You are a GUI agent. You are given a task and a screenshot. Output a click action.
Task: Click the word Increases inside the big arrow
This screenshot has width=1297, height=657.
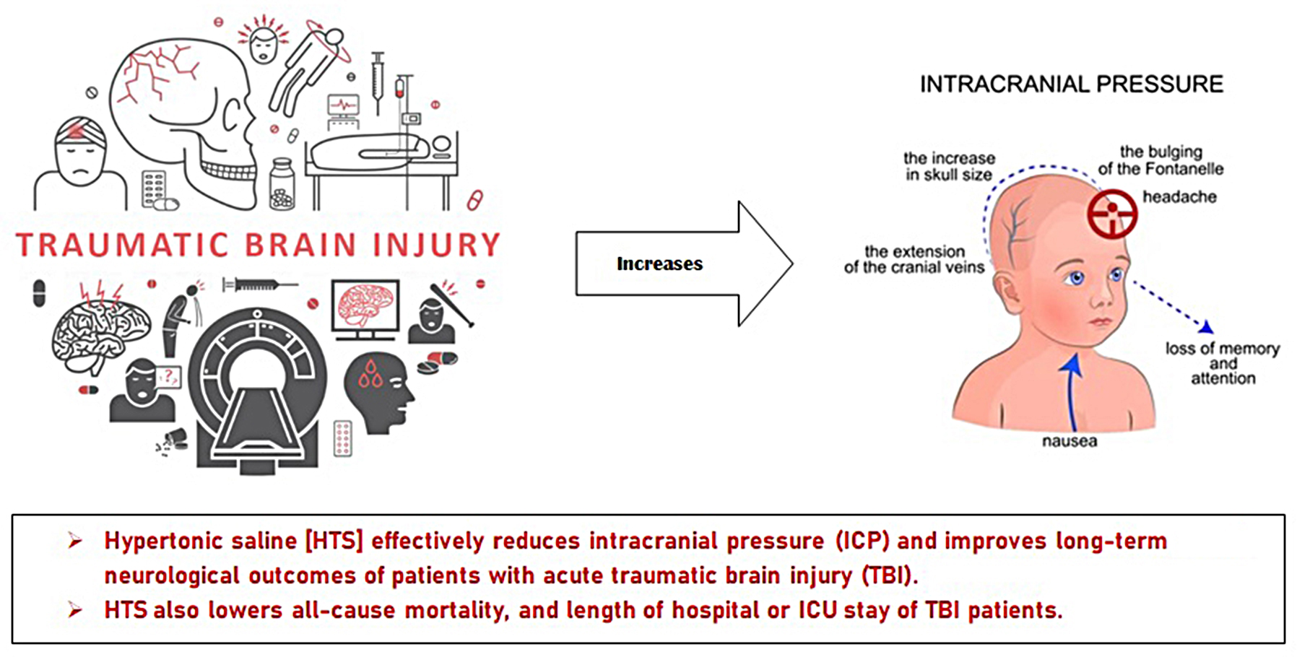(x=659, y=264)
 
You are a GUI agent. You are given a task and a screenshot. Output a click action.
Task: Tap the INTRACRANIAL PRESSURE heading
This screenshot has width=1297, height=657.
(x=1071, y=84)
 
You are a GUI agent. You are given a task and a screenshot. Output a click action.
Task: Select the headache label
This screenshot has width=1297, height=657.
(x=1179, y=197)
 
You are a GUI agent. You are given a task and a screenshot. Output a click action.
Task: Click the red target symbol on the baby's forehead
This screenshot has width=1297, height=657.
(x=1112, y=214)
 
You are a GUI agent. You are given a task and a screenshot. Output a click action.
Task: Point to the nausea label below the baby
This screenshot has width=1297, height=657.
(x=1069, y=441)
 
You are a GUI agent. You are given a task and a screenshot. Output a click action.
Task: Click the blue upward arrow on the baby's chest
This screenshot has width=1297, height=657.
(x=1072, y=390)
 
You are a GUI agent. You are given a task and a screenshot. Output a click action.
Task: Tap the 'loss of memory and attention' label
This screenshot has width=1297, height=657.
(x=1222, y=363)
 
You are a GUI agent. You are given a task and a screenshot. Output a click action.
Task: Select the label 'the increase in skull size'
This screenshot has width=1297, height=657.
(x=949, y=166)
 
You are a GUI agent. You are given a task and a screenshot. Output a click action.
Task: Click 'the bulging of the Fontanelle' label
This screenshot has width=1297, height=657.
(x=1161, y=160)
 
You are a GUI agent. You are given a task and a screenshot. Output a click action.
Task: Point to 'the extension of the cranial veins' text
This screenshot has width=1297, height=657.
(x=914, y=259)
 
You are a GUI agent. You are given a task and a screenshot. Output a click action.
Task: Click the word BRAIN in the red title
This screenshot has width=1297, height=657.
(x=301, y=245)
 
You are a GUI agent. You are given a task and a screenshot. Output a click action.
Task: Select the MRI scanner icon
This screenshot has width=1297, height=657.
(x=257, y=390)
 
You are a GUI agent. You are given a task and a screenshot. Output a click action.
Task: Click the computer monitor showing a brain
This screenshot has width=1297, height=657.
(x=365, y=308)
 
